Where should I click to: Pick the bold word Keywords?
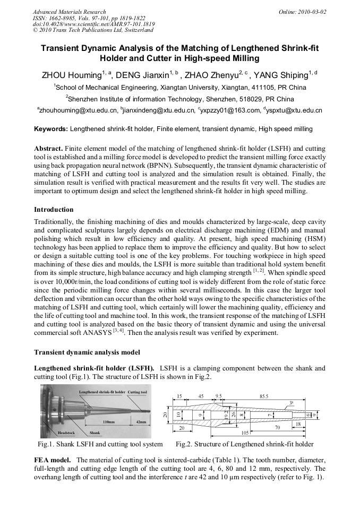(x=51, y=129)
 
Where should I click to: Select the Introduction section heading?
(x=54, y=210)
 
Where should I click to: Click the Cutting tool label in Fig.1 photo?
(x=137, y=392)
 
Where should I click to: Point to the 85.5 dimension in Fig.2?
(x=264, y=396)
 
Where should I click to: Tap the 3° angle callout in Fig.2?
(x=292, y=402)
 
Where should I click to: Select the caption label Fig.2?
(x=186, y=444)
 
